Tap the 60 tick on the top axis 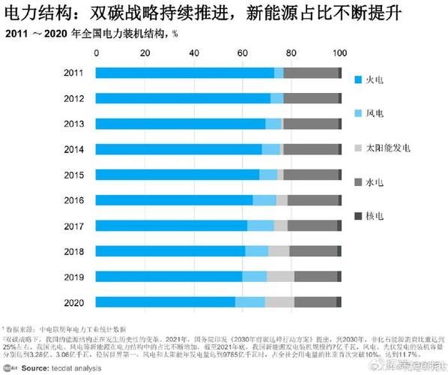tap(243, 53)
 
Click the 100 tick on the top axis tap(339, 53)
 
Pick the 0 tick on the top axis tap(97, 53)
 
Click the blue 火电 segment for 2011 tap(184, 73)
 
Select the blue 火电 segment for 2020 tap(165, 301)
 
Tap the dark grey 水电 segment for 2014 tap(310, 149)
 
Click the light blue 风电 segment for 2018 tap(256, 250)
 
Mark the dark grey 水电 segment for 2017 tap(312, 226)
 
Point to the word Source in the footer tap(36, 368)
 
